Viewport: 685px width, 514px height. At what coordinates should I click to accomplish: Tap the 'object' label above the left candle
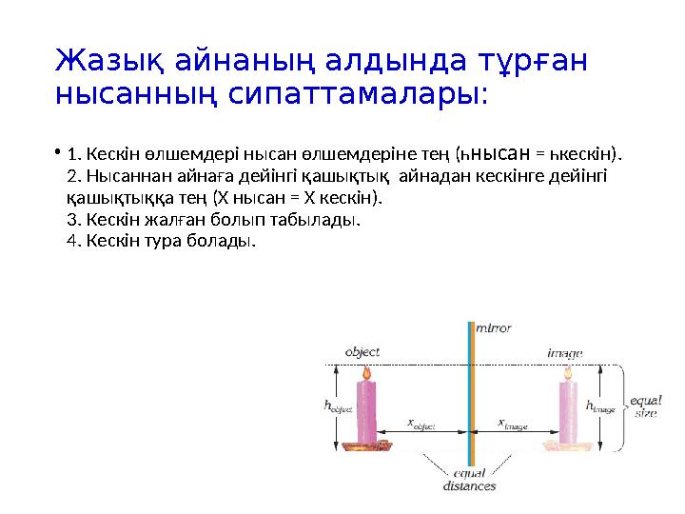(x=362, y=351)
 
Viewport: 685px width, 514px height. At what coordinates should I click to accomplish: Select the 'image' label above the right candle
(x=564, y=352)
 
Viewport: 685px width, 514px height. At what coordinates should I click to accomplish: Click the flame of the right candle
(x=568, y=373)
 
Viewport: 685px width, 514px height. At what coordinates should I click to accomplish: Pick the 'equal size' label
(x=645, y=406)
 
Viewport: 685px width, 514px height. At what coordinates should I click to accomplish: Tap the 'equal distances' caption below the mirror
(x=469, y=480)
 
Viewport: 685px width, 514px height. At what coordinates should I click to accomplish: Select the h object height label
(x=339, y=405)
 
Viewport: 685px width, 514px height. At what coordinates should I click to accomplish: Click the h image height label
(x=601, y=405)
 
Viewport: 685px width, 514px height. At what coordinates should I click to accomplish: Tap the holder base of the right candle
(x=568, y=444)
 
